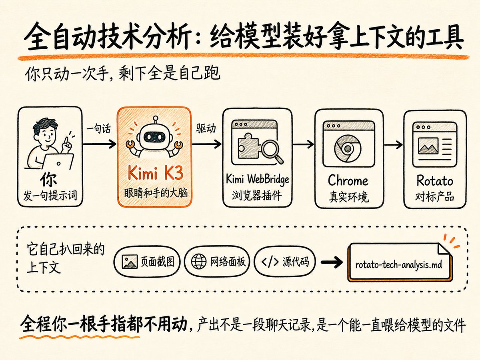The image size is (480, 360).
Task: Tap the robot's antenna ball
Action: (x=156, y=118)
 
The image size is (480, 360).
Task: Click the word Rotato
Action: (x=434, y=181)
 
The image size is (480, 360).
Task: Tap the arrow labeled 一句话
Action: (x=100, y=144)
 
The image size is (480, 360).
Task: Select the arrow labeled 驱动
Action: (x=206, y=144)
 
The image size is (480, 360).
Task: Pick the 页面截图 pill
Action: (x=147, y=262)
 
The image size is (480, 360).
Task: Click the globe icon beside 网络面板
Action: (x=199, y=262)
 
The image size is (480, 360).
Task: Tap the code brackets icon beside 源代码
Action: (x=270, y=262)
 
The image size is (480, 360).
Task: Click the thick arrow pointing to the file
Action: (x=332, y=262)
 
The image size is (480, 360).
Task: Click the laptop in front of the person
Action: (x=57, y=162)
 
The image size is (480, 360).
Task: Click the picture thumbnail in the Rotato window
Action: (x=428, y=146)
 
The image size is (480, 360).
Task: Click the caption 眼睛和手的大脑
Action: (x=156, y=194)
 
